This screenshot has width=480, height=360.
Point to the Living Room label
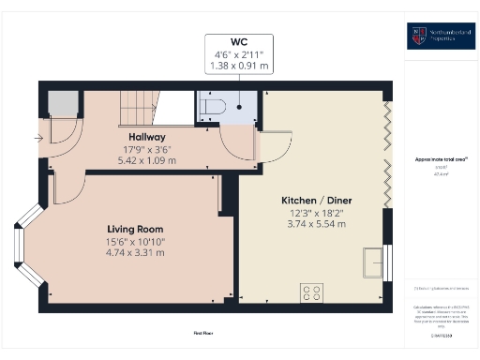tap(134, 229)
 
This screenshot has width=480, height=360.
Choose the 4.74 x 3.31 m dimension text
tap(134, 252)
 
